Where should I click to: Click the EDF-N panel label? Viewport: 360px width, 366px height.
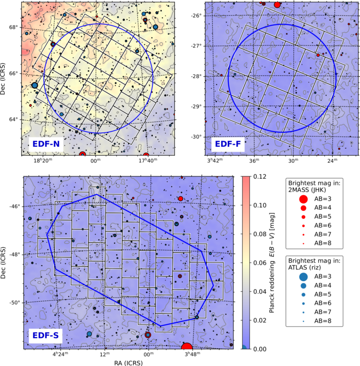click(x=46, y=144)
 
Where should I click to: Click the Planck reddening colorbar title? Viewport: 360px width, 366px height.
click(x=271, y=263)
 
